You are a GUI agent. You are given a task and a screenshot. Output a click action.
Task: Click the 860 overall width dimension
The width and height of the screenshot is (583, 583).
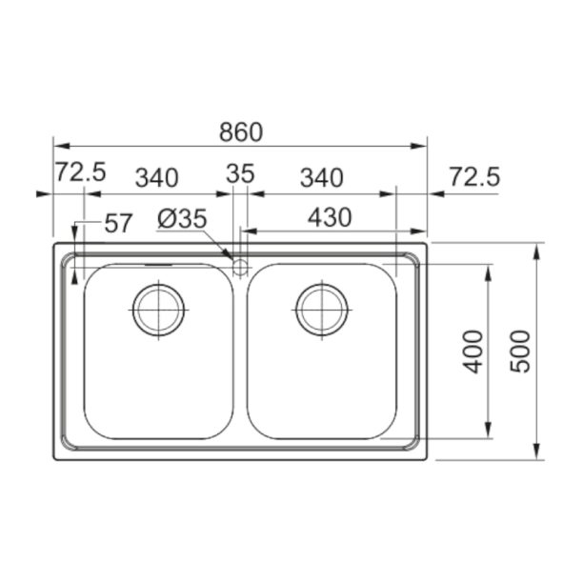241,132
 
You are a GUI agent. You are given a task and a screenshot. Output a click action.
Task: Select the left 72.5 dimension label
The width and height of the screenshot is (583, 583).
81,171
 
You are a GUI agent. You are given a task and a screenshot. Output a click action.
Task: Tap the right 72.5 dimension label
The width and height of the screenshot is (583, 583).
474,176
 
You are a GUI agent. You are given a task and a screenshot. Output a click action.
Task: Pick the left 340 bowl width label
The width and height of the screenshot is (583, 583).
156,178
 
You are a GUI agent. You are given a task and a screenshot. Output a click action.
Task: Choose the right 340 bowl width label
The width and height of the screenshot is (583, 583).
322,178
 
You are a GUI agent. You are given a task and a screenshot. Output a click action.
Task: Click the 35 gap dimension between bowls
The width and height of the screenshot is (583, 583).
240,173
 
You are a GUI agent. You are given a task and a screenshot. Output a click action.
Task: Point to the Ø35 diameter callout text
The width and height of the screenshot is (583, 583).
182,219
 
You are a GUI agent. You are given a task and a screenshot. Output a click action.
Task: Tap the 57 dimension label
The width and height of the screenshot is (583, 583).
118,223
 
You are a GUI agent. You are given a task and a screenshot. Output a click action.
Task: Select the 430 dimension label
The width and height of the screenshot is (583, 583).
330,217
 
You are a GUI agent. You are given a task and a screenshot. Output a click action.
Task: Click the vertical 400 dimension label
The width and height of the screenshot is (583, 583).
472,352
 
